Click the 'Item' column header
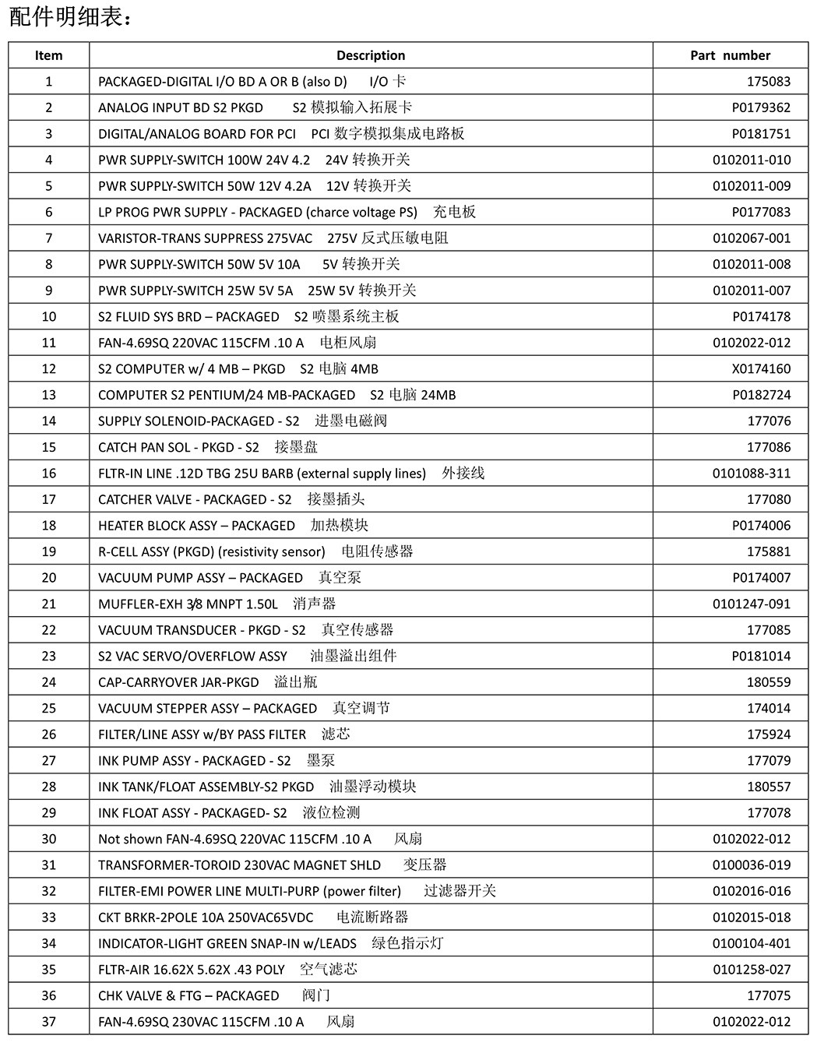48,55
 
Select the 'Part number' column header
730,55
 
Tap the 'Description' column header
371,55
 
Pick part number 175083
768,82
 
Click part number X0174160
761,368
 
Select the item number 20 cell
48,578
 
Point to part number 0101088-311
751,473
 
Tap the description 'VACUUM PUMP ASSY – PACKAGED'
200,578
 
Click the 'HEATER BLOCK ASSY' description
196,526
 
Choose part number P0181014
761,656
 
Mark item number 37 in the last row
48,1021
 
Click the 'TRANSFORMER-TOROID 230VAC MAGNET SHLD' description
239,865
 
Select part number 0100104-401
751,943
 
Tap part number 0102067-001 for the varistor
751,238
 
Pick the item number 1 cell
48,82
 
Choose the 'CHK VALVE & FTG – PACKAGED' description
188,995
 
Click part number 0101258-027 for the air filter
751,970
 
